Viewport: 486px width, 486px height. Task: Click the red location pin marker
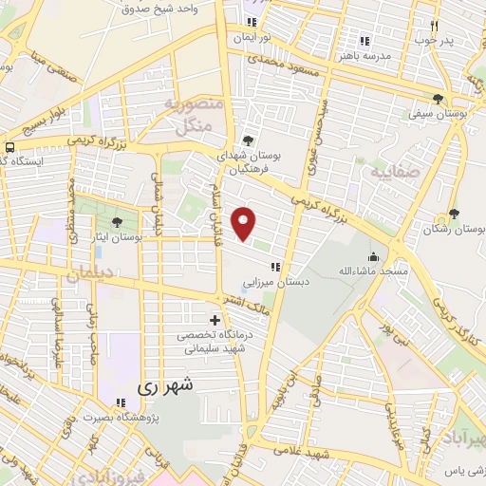(x=245, y=224)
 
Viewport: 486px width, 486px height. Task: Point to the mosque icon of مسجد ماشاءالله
(x=373, y=256)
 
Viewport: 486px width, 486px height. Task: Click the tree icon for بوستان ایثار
(x=116, y=223)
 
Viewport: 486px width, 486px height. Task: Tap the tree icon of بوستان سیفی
(x=438, y=99)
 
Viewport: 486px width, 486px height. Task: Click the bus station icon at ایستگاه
(x=9, y=147)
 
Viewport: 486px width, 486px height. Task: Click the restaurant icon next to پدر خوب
(x=434, y=27)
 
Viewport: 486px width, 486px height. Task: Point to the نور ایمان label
(x=253, y=35)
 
